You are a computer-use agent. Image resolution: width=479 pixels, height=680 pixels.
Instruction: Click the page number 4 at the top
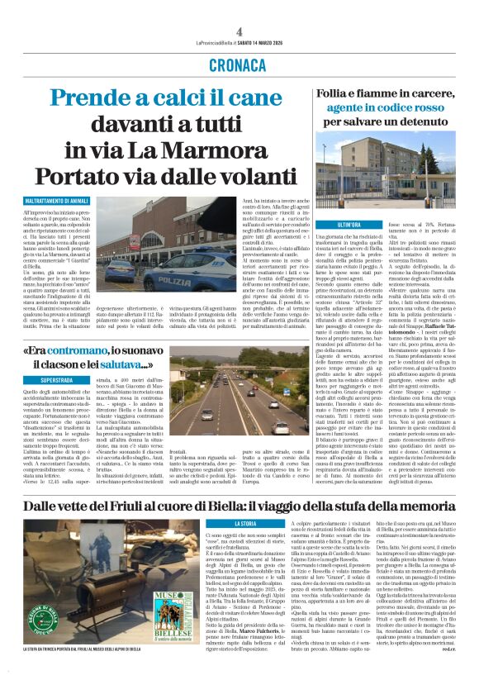[x=239, y=31]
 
